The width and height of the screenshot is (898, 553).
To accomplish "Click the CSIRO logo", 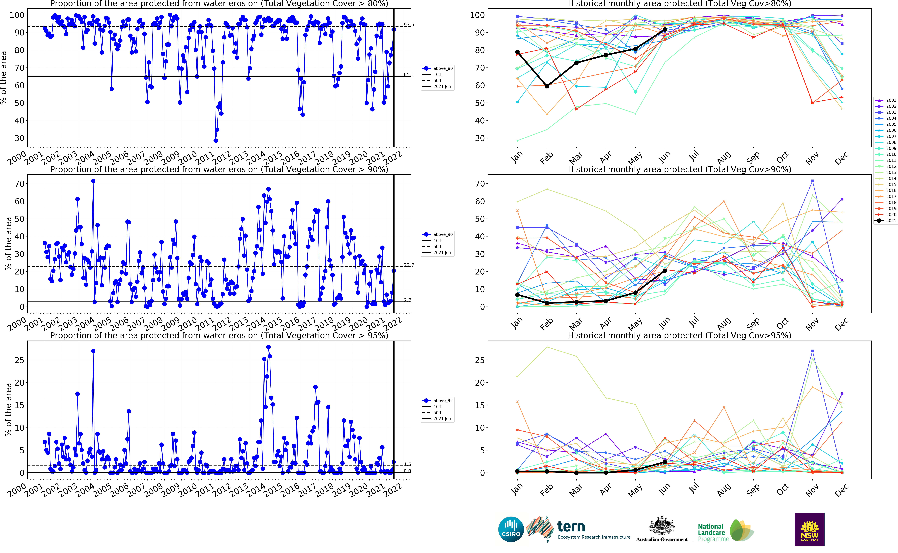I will click(511, 529).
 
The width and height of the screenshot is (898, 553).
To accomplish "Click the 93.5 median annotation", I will click(409, 25).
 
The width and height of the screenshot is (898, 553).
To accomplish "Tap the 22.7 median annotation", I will click(409, 265).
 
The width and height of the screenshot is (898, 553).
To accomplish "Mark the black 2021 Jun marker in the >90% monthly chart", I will click(665, 271).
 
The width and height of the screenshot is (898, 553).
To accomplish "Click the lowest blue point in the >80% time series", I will click(216, 140).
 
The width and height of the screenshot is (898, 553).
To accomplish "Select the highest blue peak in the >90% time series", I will click(93, 181).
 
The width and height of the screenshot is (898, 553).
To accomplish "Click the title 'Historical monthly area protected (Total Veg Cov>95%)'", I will click(679, 335).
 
